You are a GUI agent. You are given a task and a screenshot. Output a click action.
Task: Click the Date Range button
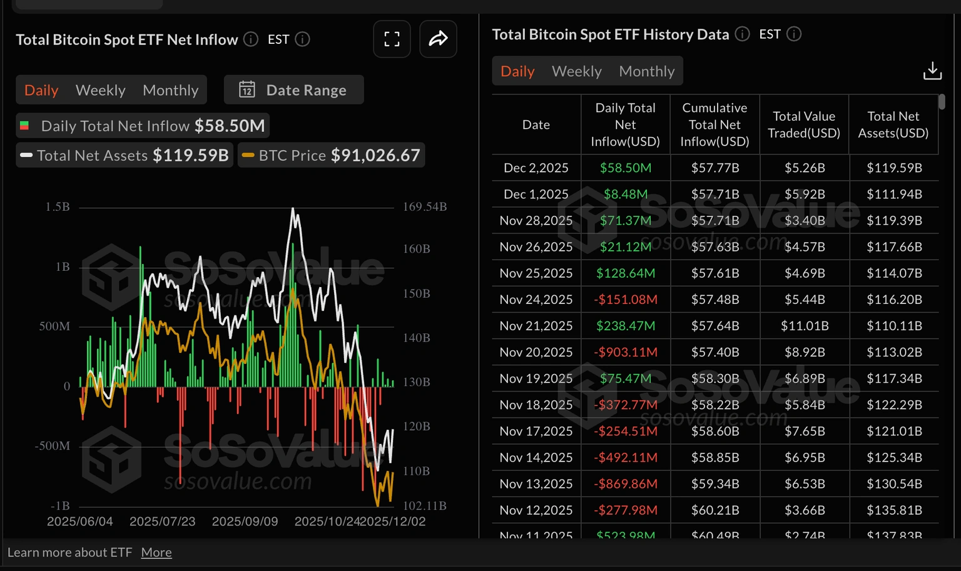point(293,90)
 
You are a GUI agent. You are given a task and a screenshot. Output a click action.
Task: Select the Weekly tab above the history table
point(576,71)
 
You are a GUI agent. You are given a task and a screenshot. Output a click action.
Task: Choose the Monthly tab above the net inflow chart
point(170,90)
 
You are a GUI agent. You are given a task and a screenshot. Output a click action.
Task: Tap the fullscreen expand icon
point(392,39)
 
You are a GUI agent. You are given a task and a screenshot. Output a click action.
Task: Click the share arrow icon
point(438,39)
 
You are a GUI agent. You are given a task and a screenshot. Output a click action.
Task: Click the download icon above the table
point(932,71)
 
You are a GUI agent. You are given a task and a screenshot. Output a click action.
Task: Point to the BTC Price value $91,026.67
point(375,155)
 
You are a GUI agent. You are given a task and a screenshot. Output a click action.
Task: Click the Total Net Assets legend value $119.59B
point(191,155)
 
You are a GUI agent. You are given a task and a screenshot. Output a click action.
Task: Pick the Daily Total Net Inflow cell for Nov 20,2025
point(626,352)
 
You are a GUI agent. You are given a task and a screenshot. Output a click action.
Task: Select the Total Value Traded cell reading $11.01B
point(805,326)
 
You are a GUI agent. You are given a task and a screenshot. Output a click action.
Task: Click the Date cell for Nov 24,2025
point(536,300)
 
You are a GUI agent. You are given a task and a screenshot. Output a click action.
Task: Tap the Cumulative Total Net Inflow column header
point(714,124)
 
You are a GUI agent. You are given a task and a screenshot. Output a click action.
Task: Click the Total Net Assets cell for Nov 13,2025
point(894,484)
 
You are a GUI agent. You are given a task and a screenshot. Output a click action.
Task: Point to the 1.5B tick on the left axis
point(58,206)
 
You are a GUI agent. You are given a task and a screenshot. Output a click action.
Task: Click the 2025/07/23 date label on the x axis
point(163,522)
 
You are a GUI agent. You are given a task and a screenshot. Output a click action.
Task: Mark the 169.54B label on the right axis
point(425,206)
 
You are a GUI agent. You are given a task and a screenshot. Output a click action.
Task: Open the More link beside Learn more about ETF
point(156,552)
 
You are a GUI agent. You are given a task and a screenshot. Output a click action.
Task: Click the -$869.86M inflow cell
point(626,484)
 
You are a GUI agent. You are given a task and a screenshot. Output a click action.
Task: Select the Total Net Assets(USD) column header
point(893,124)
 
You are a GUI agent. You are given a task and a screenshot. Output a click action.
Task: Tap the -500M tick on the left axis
point(53,446)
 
